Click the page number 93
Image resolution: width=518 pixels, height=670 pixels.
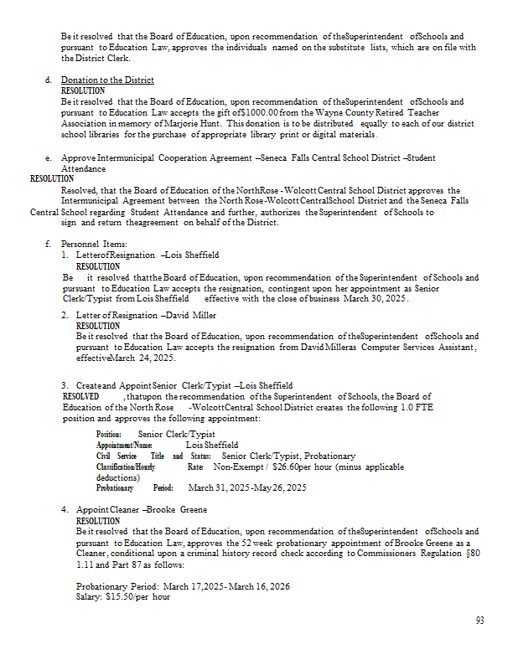[x=479, y=621]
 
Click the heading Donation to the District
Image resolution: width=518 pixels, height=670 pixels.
[x=107, y=80]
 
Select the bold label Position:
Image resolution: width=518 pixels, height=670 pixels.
[x=109, y=435]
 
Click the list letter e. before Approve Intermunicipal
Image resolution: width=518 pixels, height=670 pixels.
[x=49, y=157]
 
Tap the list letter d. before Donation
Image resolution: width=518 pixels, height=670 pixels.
[x=49, y=80]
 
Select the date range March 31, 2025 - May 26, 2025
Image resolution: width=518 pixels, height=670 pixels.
[x=247, y=487]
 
